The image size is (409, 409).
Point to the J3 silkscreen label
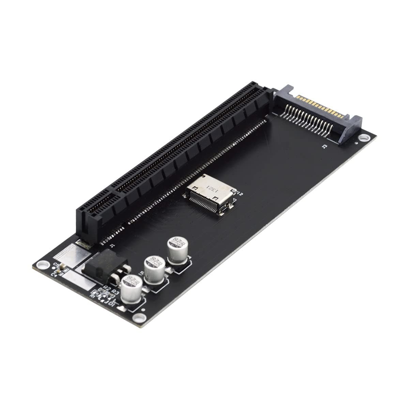[324, 147]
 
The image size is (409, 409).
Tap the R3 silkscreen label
[115, 292]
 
